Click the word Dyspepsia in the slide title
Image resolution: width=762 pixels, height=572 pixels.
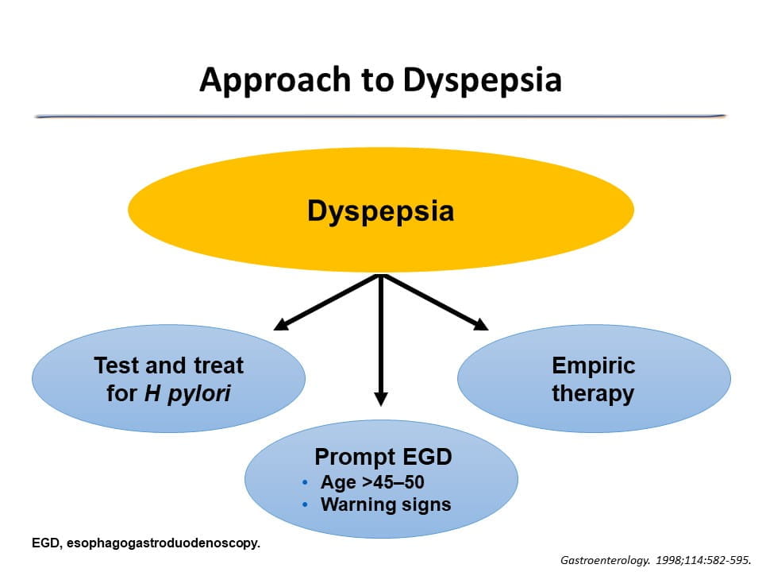tap(483, 80)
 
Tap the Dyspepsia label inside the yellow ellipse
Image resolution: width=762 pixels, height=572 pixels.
tap(381, 211)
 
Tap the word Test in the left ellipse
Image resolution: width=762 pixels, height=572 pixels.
tap(115, 365)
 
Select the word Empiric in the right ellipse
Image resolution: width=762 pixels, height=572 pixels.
tap(594, 365)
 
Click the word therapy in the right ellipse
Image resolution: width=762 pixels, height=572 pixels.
tap(594, 393)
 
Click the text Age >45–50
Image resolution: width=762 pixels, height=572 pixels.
tap(378, 482)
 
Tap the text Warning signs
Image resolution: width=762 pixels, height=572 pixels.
tap(386, 504)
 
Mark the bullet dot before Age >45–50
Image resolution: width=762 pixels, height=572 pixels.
tap(305, 483)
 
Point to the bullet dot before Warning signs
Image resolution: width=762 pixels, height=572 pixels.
tap(305, 505)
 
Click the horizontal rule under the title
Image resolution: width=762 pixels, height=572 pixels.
tap(381, 116)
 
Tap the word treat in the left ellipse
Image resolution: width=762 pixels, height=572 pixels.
tap(216, 365)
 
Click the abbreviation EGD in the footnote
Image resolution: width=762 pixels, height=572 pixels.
tap(44, 543)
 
